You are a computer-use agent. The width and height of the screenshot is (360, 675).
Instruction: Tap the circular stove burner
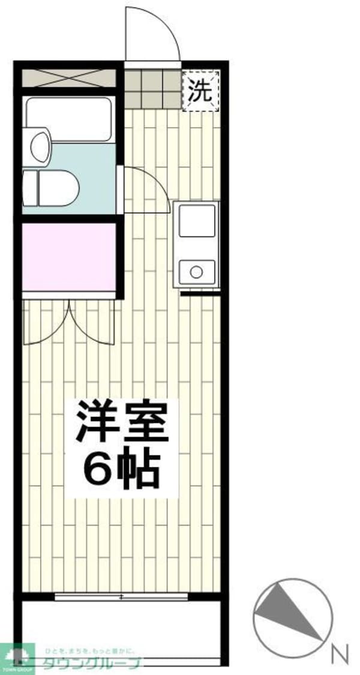(196, 272)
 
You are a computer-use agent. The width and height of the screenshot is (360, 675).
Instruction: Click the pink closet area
(69, 256)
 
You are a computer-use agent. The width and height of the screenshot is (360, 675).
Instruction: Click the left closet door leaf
(47, 324)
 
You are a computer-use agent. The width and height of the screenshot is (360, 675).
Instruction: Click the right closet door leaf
(93, 324)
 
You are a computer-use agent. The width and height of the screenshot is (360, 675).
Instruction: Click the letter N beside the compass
(340, 652)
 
